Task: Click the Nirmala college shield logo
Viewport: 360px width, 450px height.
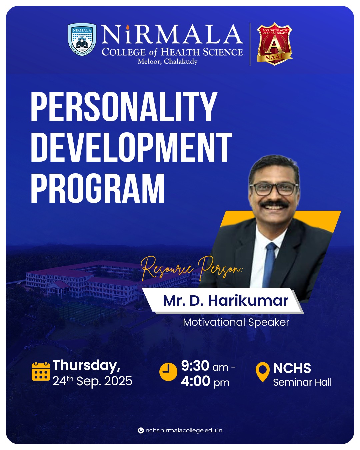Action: (x=82, y=39)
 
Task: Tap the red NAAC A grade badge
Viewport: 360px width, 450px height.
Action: (x=274, y=44)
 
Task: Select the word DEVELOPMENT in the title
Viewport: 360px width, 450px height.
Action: (x=132, y=147)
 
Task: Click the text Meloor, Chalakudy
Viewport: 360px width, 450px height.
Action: (x=167, y=61)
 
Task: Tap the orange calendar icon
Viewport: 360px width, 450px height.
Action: (x=41, y=372)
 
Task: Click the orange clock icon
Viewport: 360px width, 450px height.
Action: (x=168, y=372)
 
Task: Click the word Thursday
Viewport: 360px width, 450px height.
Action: (x=87, y=365)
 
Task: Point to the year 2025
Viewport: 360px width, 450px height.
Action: (x=118, y=381)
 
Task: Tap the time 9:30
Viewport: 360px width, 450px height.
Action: (x=195, y=366)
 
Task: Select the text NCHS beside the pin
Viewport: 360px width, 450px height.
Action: (x=292, y=368)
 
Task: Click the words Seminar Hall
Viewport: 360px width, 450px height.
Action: (x=302, y=382)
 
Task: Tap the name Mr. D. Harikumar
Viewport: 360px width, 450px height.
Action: (x=226, y=301)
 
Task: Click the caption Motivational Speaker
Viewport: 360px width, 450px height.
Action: (x=236, y=322)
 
